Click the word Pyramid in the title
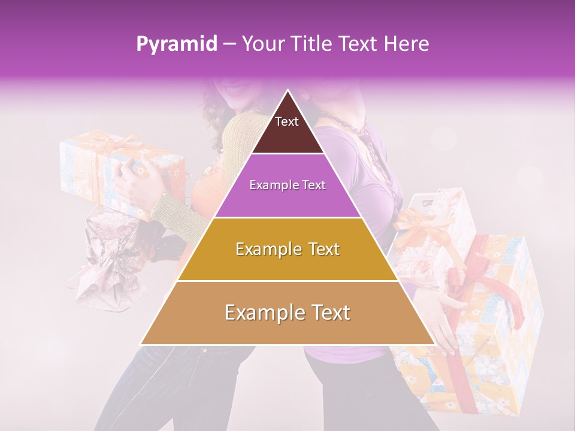(176, 44)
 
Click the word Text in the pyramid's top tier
(287, 122)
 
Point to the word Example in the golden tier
(267, 249)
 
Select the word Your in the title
(262, 44)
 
